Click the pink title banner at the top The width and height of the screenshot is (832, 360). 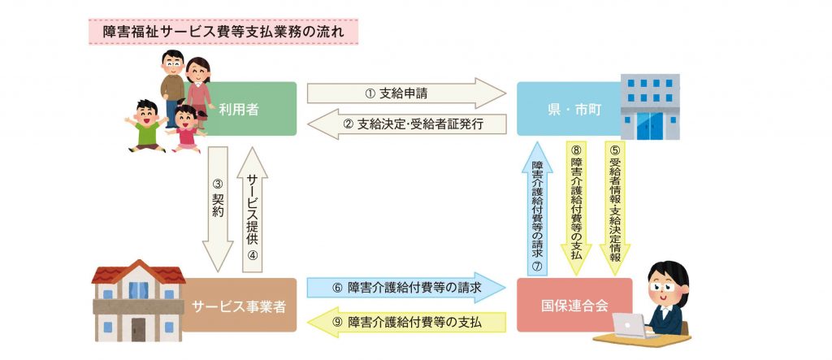coord(223,33)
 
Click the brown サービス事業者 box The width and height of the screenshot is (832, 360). coord(239,305)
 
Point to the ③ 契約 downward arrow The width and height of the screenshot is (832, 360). coord(217,207)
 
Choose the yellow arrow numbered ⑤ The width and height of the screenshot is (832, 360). coord(614,204)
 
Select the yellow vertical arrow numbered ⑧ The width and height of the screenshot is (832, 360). coord(575,203)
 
